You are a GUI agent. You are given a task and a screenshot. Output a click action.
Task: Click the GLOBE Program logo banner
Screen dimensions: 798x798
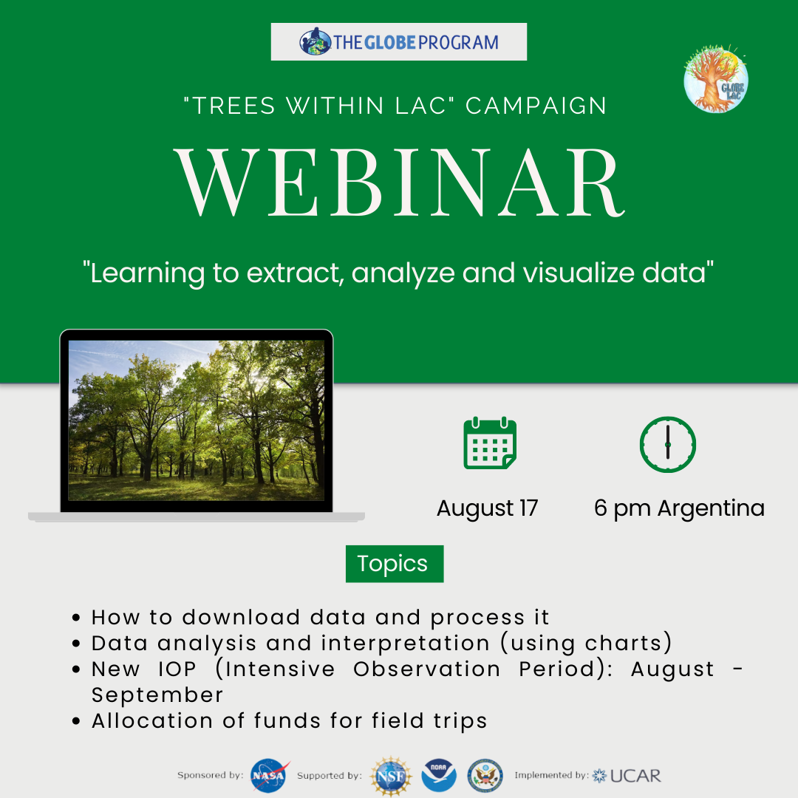coord(398,41)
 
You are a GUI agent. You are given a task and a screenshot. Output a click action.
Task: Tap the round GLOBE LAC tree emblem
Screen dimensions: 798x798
coord(715,79)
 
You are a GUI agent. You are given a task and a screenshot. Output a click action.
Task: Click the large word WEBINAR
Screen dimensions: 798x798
coord(400,183)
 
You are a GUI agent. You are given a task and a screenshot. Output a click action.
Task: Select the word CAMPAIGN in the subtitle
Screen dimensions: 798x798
coord(536,106)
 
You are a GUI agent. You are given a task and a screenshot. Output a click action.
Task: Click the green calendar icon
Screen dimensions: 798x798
coord(490,443)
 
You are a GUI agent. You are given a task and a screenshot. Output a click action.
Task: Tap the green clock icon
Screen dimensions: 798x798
coord(668,444)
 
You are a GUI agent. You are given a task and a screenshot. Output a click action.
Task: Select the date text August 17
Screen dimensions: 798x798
coord(487,508)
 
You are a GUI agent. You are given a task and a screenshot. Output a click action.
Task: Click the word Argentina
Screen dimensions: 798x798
coord(711,508)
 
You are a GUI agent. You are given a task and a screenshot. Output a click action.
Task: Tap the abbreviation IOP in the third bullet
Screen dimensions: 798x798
coord(177,669)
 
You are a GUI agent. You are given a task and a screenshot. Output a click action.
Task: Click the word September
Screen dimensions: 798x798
coord(157,695)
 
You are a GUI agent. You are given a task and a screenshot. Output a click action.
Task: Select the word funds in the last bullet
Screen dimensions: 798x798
coord(287,721)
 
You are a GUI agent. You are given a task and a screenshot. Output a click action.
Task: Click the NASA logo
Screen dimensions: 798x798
coord(269,776)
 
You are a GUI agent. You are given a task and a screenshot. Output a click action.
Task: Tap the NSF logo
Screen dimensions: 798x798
coord(391,776)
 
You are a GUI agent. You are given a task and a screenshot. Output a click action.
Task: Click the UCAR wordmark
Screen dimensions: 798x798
coord(635,776)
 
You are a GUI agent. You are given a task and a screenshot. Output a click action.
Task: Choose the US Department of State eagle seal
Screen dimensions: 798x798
coord(485,776)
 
